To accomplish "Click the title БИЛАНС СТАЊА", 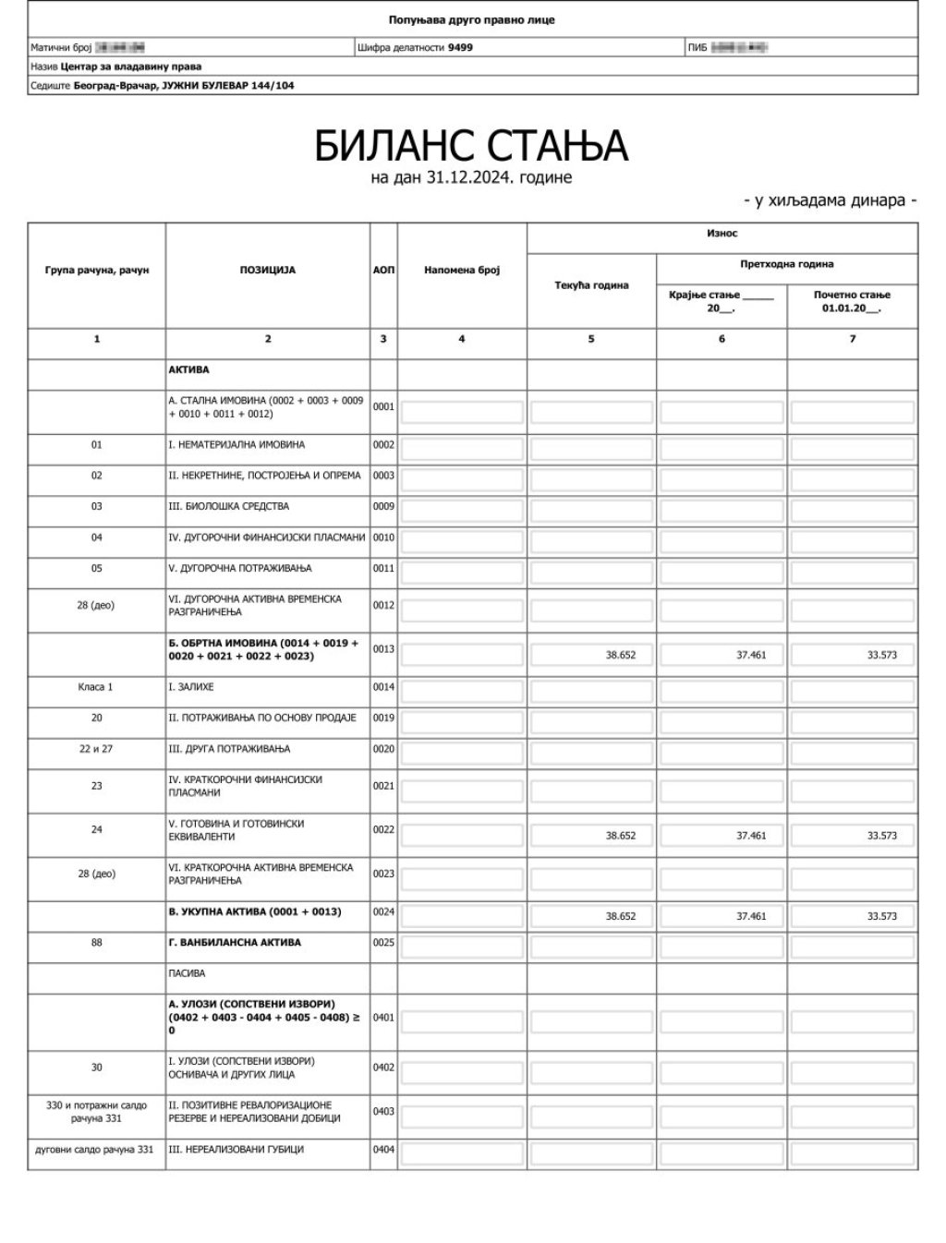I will click(471, 145).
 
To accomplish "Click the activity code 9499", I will click(460, 47).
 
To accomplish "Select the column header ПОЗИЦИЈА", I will click(268, 271).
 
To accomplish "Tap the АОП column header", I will click(383, 271).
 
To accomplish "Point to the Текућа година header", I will click(591, 285).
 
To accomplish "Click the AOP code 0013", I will click(383, 649).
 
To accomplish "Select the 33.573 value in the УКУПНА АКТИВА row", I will click(881, 916).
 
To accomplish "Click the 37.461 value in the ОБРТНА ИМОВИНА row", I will click(750, 655).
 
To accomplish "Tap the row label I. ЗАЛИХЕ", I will click(191, 687).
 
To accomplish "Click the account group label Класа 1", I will click(96, 687).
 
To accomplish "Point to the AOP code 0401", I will click(383, 1018).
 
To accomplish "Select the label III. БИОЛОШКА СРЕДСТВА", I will click(229, 506).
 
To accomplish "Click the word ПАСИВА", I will click(187, 973).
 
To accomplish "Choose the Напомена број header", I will click(462, 271).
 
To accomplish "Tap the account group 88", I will click(96, 943).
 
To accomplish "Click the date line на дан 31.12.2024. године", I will click(471, 177).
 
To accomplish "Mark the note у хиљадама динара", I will click(830, 200).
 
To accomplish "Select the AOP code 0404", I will click(383, 1150).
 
